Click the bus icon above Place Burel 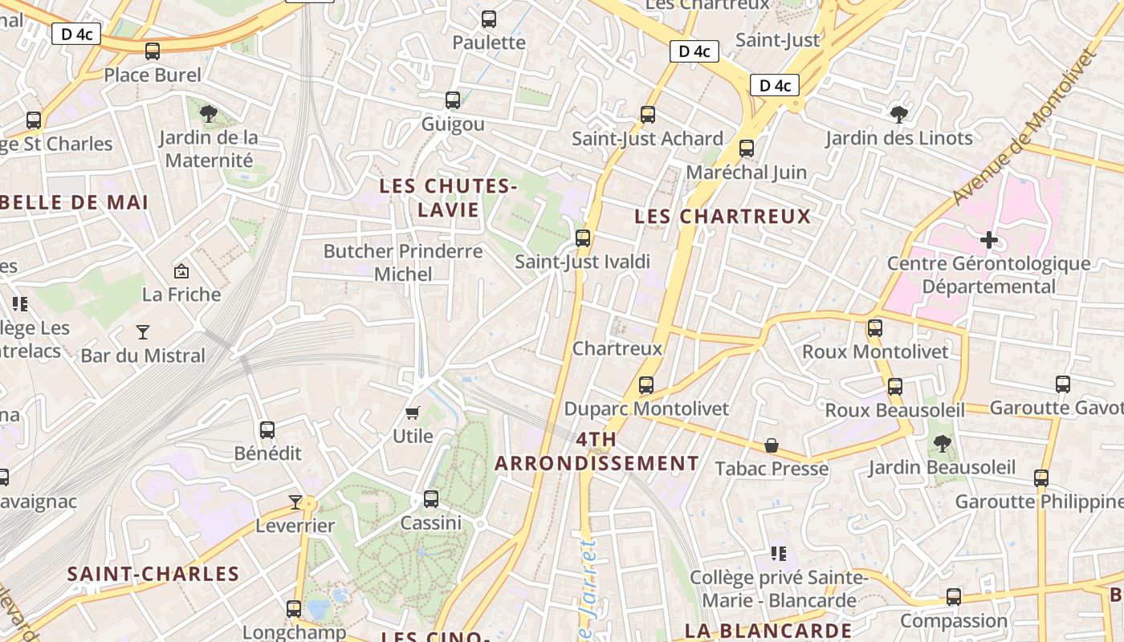pyautogui.click(x=153, y=51)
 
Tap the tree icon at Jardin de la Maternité pyautogui.click(x=209, y=113)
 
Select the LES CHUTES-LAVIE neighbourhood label pyautogui.click(x=448, y=198)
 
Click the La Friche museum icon pyautogui.click(x=181, y=271)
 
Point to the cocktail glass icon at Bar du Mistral pyautogui.click(x=143, y=331)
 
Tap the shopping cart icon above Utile pyautogui.click(x=413, y=412)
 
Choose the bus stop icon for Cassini pyautogui.click(x=431, y=499)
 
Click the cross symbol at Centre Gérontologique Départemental pyautogui.click(x=989, y=239)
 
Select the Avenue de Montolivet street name pyautogui.click(x=1024, y=127)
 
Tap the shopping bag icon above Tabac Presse pyautogui.click(x=772, y=445)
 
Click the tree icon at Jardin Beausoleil pyautogui.click(x=943, y=443)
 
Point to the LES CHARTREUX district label pyautogui.click(x=723, y=217)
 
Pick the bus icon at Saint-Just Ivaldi pyautogui.click(x=583, y=238)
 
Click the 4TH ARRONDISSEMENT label pyautogui.click(x=597, y=452)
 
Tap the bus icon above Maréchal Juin pyautogui.click(x=747, y=148)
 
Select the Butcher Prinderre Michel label pyautogui.click(x=403, y=262)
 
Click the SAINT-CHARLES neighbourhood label pyautogui.click(x=153, y=574)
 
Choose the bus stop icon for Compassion pyautogui.click(x=954, y=597)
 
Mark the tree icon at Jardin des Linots pyautogui.click(x=899, y=114)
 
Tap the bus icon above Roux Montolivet pyautogui.click(x=875, y=327)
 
